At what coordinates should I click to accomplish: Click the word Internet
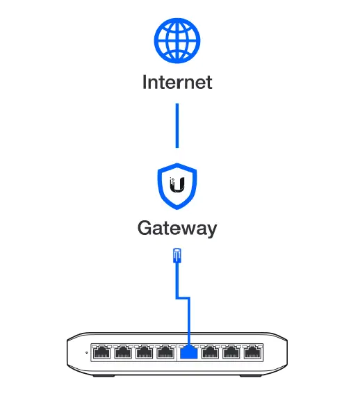coord(177,82)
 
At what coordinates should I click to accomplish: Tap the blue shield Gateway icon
coord(177,187)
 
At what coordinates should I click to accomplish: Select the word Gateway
coord(177,228)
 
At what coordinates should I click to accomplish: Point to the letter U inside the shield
coord(179,186)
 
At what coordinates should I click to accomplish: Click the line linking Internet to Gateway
coord(177,125)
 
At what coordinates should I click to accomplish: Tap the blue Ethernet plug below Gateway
coord(177,256)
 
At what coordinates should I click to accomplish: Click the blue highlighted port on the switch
coord(188,352)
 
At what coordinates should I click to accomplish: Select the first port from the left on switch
coord(102,352)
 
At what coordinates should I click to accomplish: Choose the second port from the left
coord(123,352)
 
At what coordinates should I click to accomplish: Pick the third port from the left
coord(144,352)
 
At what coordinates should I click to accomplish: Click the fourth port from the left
coord(165,352)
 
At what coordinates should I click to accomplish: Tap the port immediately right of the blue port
coord(209,352)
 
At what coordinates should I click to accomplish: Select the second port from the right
coord(230,352)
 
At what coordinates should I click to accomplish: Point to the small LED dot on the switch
coord(87,352)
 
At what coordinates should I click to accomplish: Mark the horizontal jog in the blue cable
coord(183,298)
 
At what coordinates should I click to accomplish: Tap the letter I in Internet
coord(145,82)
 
